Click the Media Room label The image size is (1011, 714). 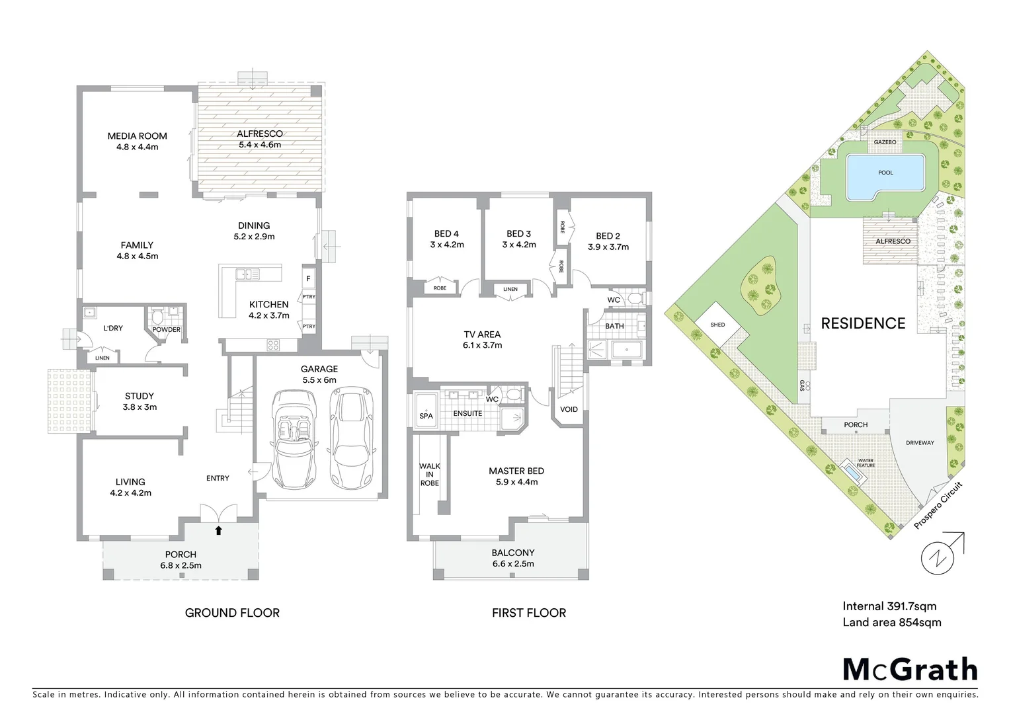pyautogui.click(x=138, y=136)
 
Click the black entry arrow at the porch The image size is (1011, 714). pyautogui.click(x=218, y=530)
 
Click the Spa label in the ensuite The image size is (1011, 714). pyautogui.click(x=426, y=416)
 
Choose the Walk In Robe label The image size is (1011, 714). pyautogui.click(x=429, y=474)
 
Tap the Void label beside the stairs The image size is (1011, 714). pyautogui.click(x=569, y=409)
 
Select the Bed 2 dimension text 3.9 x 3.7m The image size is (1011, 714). pyautogui.click(x=608, y=247)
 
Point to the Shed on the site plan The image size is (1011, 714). pyautogui.click(x=717, y=325)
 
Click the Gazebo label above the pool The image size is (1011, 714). pyautogui.click(x=885, y=142)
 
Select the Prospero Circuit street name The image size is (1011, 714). pyautogui.click(x=938, y=506)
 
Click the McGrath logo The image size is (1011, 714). pyautogui.click(x=910, y=669)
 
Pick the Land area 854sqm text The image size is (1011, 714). pyautogui.click(x=891, y=622)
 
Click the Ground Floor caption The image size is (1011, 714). pyautogui.click(x=232, y=613)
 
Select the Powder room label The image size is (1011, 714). pyautogui.click(x=166, y=329)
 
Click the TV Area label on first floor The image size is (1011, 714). pyautogui.click(x=482, y=335)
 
